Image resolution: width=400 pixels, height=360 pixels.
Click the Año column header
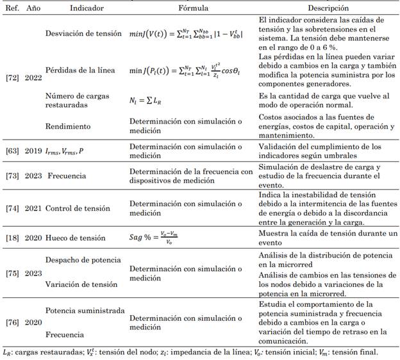(x=33, y=8)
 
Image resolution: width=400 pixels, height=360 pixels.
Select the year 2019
(x=33, y=151)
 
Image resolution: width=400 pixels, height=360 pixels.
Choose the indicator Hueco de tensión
(x=75, y=238)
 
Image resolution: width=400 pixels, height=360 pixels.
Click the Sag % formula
(x=160, y=238)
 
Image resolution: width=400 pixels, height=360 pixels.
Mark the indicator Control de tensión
(x=78, y=209)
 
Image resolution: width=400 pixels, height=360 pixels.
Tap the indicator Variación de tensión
(x=81, y=284)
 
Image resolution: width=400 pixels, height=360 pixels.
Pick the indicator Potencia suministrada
(x=85, y=311)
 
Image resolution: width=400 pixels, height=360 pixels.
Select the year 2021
(x=33, y=209)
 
